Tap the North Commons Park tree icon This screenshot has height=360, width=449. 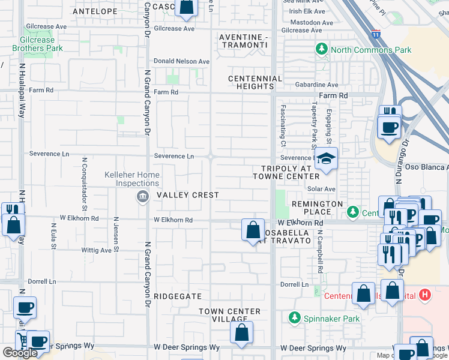tap(322, 49)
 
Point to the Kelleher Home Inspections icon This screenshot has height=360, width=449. tap(142, 197)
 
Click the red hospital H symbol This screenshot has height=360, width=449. tap(425, 295)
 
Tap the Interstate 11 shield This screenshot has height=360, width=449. tap(376, 34)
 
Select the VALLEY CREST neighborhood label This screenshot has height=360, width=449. tap(188, 195)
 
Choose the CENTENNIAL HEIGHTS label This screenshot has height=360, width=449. tap(255, 83)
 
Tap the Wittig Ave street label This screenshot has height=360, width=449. tap(97, 250)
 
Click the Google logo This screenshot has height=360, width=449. tap(20, 352)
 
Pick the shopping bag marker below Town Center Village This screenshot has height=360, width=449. tap(241, 333)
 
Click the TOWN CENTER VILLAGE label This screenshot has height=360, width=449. tap(230, 316)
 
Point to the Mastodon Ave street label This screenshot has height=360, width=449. tap(311, 22)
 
